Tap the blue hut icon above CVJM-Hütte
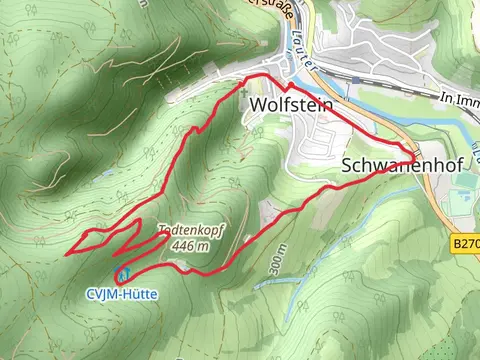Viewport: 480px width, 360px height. coord(123,273)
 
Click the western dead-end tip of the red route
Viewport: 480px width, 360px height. coord(67,254)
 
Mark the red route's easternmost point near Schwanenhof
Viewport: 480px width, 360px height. coord(412,154)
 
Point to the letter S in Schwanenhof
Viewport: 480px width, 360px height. coord(346,166)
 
